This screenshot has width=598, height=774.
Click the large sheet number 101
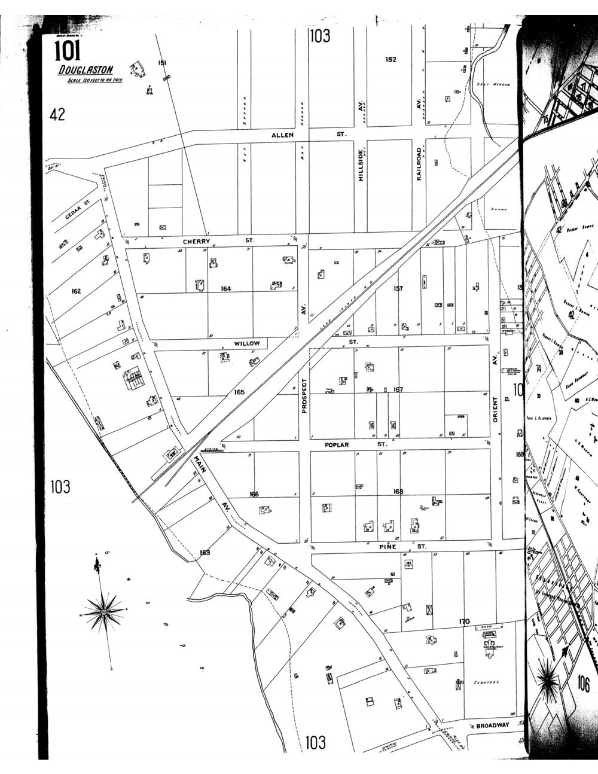(x=67, y=51)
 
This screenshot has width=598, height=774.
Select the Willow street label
(x=247, y=343)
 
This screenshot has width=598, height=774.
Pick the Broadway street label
(x=492, y=726)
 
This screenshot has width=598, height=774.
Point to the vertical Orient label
(x=495, y=410)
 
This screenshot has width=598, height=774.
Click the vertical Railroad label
(x=419, y=164)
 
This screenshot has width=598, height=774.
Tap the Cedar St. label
(x=77, y=211)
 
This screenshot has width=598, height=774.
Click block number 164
(x=225, y=289)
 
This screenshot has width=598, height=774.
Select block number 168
(x=398, y=492)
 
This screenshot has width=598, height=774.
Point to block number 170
(x=464, y=621)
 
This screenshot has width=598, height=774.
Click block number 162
(x=76, y=291)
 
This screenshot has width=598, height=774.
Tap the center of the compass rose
(x=103, y=613)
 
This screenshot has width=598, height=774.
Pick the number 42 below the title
(x=57, y=114)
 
